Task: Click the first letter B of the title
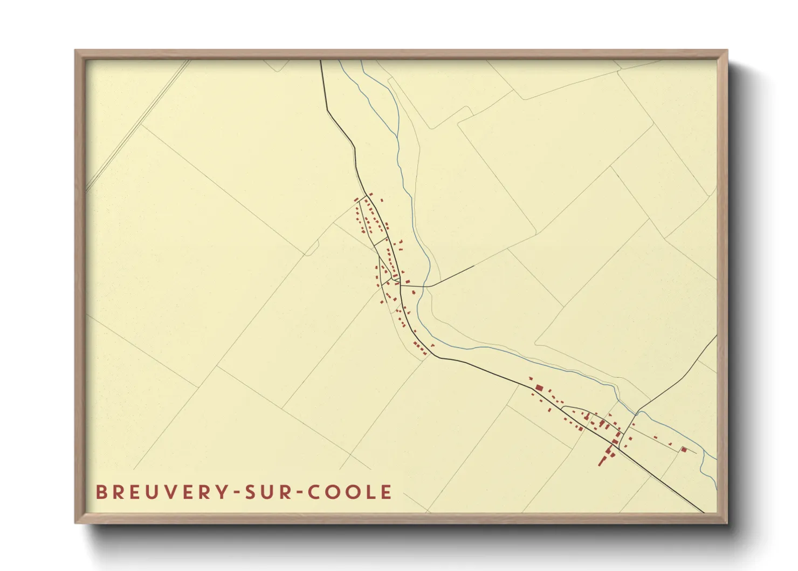coord(100,492)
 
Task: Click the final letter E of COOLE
coord(387,492)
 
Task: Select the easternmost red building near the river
coord(684,449)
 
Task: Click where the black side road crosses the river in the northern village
coord(425,284)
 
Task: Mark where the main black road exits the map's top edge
coord(321,61)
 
